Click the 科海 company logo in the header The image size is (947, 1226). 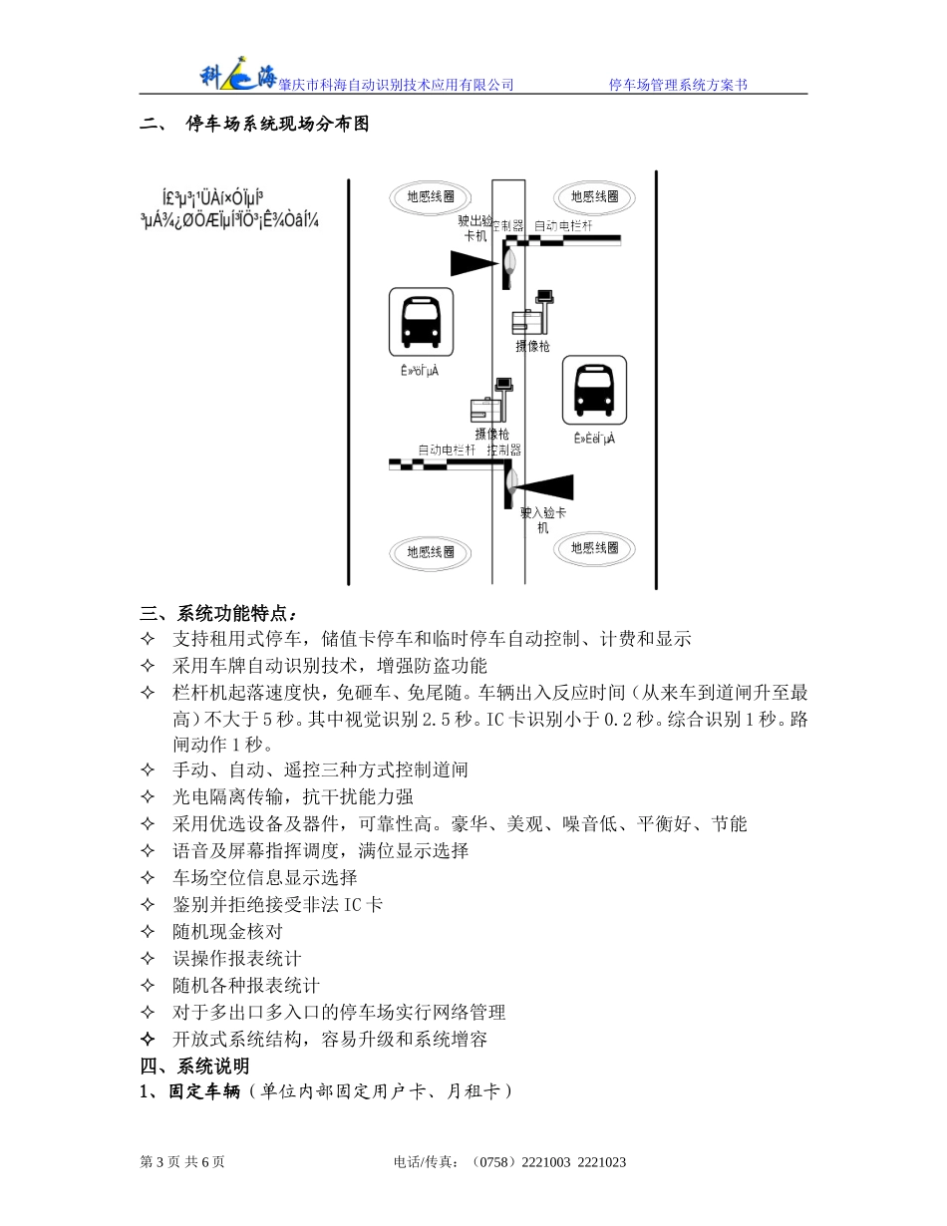(x=238, y=74)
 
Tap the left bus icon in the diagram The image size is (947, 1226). (x=420, y=321)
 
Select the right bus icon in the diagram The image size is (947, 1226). (x=594, y=388)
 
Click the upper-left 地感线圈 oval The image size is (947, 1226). (x=430, y=196)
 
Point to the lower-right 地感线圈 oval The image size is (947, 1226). (x=594, y=547)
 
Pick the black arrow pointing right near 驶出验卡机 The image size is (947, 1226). (x=473, y=263)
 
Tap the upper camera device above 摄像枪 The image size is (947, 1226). (x=532, y=313)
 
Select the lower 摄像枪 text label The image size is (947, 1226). (x=492, y=434)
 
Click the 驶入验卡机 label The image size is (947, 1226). (x=543, y=519)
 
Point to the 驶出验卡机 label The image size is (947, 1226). (x=475, y=228)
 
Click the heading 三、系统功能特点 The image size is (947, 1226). (x=218, y=612)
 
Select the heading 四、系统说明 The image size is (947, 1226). (x=194, y=1067)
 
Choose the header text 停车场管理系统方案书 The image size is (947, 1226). (x=678, y=85)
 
